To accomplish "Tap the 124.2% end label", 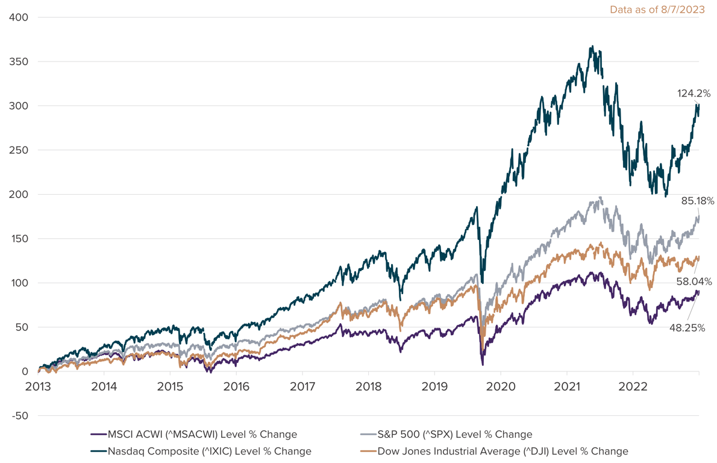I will (x=694, y=93).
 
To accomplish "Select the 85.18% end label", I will (x=698, y=201).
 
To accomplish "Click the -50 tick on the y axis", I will (x=20, y=416).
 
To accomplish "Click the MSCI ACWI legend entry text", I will (x=202, y=434).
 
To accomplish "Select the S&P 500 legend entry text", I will (x=454, y=434).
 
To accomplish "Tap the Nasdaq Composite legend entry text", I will (x=209, y=451).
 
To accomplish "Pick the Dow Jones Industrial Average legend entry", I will (x=503, y=451).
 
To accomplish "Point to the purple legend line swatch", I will (x=98, y=434).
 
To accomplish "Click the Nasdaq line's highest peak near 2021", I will (x=592, y=46).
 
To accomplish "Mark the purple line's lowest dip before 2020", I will (x=483, y=364).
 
